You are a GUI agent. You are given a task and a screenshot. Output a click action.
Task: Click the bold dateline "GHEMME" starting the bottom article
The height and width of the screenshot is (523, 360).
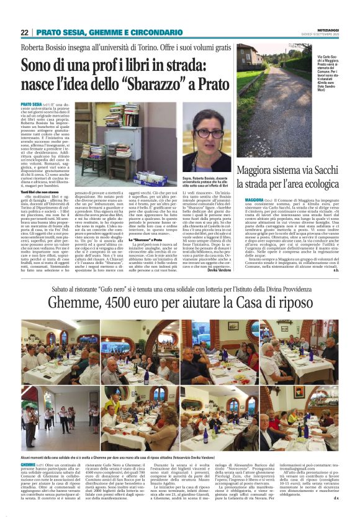[x=29, y=464]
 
